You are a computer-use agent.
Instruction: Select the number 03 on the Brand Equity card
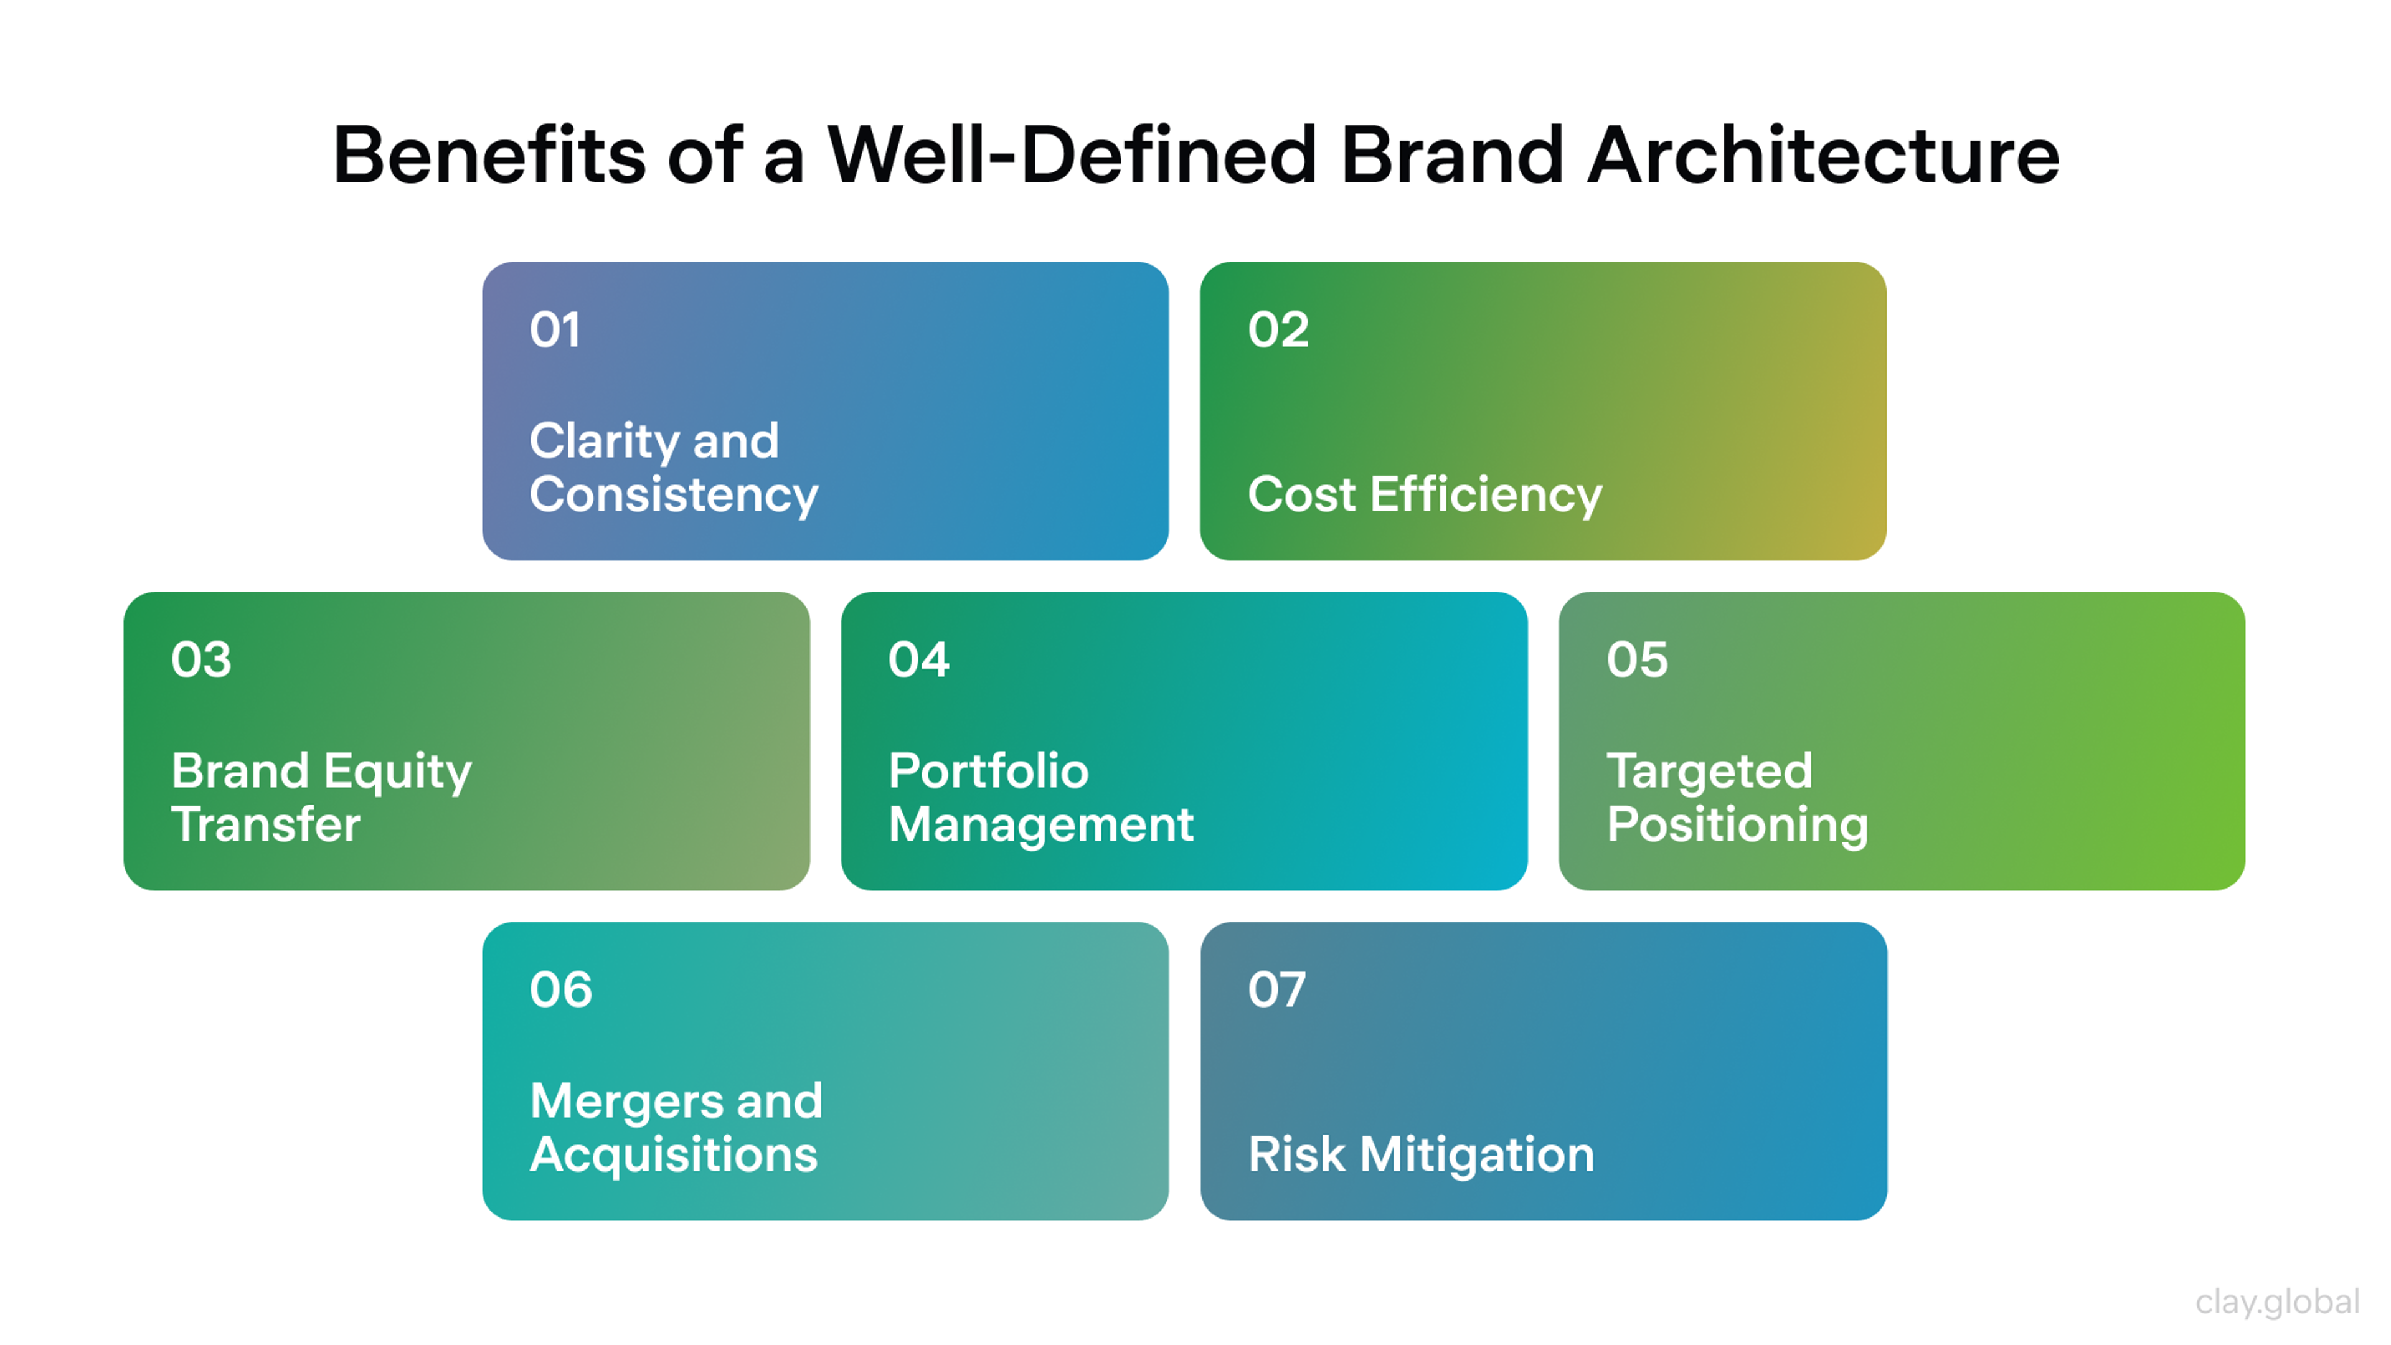point(200,660)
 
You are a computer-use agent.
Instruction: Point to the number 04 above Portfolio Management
point(918,660)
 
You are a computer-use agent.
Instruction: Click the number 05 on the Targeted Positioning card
point(1636,660)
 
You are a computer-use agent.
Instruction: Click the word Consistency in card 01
point(674,495)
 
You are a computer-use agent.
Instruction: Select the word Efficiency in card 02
point(1486,495)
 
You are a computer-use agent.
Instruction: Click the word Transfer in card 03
point(265,824)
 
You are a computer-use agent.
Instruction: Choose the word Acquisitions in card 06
point(674,1154)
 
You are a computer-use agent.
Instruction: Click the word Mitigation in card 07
point(1477,1154)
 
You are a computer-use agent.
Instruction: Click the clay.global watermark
point(2277,1301)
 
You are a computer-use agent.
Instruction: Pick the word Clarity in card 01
point(603,441)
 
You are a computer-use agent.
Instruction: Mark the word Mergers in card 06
point(626,1102)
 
